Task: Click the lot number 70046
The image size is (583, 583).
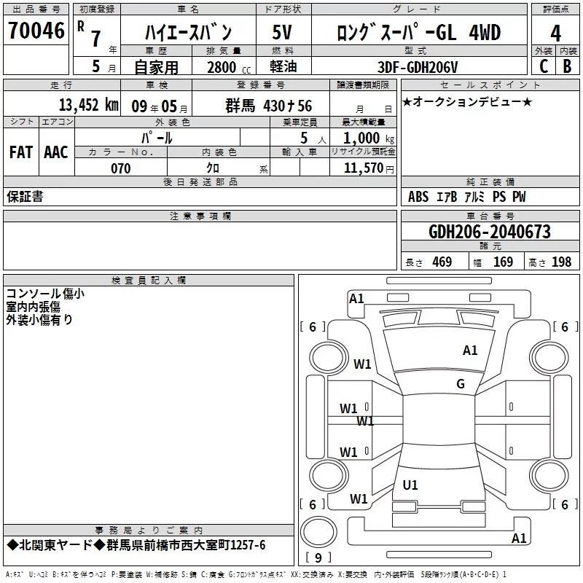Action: click(x=36, y=31)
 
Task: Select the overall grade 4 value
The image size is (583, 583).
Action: click(x=555, y=34)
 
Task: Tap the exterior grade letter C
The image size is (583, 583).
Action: click(x=544, y=66)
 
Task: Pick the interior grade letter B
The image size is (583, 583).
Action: click(x=567, y=66)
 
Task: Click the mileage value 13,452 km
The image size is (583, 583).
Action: click(x=89, y=105)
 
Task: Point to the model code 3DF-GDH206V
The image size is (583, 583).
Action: click(x=418, y=67)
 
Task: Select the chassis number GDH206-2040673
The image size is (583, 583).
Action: click(x=489, y=232)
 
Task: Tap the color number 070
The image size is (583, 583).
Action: click(x=120, y=168)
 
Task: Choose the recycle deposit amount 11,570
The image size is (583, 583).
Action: click(x=364, y=168)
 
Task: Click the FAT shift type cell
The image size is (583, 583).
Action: click(x=21, y=152)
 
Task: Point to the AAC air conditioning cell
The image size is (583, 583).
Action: click(x=56, y=152)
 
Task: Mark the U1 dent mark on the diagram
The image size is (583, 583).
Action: click(x=410, y=485)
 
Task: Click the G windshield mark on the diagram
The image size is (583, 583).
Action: click(x=461, y=383)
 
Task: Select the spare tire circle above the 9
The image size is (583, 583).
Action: click(x=318, y=532)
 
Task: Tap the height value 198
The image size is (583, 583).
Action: click(x=561, y=262)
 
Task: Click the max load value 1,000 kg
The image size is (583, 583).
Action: click(x=369, y=138)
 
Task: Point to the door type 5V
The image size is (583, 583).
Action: click(x=282, y=32)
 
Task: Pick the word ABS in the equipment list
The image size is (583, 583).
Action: click(x=418, y=197)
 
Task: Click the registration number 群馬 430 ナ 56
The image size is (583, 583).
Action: click(x=268, y=106)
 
